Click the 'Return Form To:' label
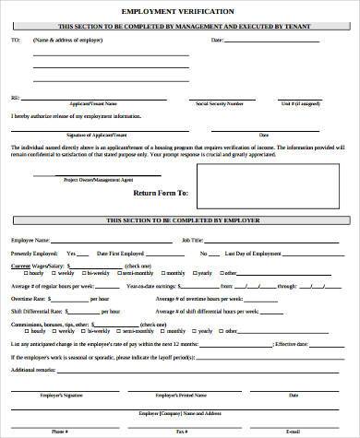pyautogui.click(x=161, y=193)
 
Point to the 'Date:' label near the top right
pyautogui.click(x=217, y=41)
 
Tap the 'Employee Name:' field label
pyautogui.click(x=30, y=239)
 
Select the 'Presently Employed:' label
pyautogui.click(x=32, y=252)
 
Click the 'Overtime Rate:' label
pyautogui.click(x=28, y=299)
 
